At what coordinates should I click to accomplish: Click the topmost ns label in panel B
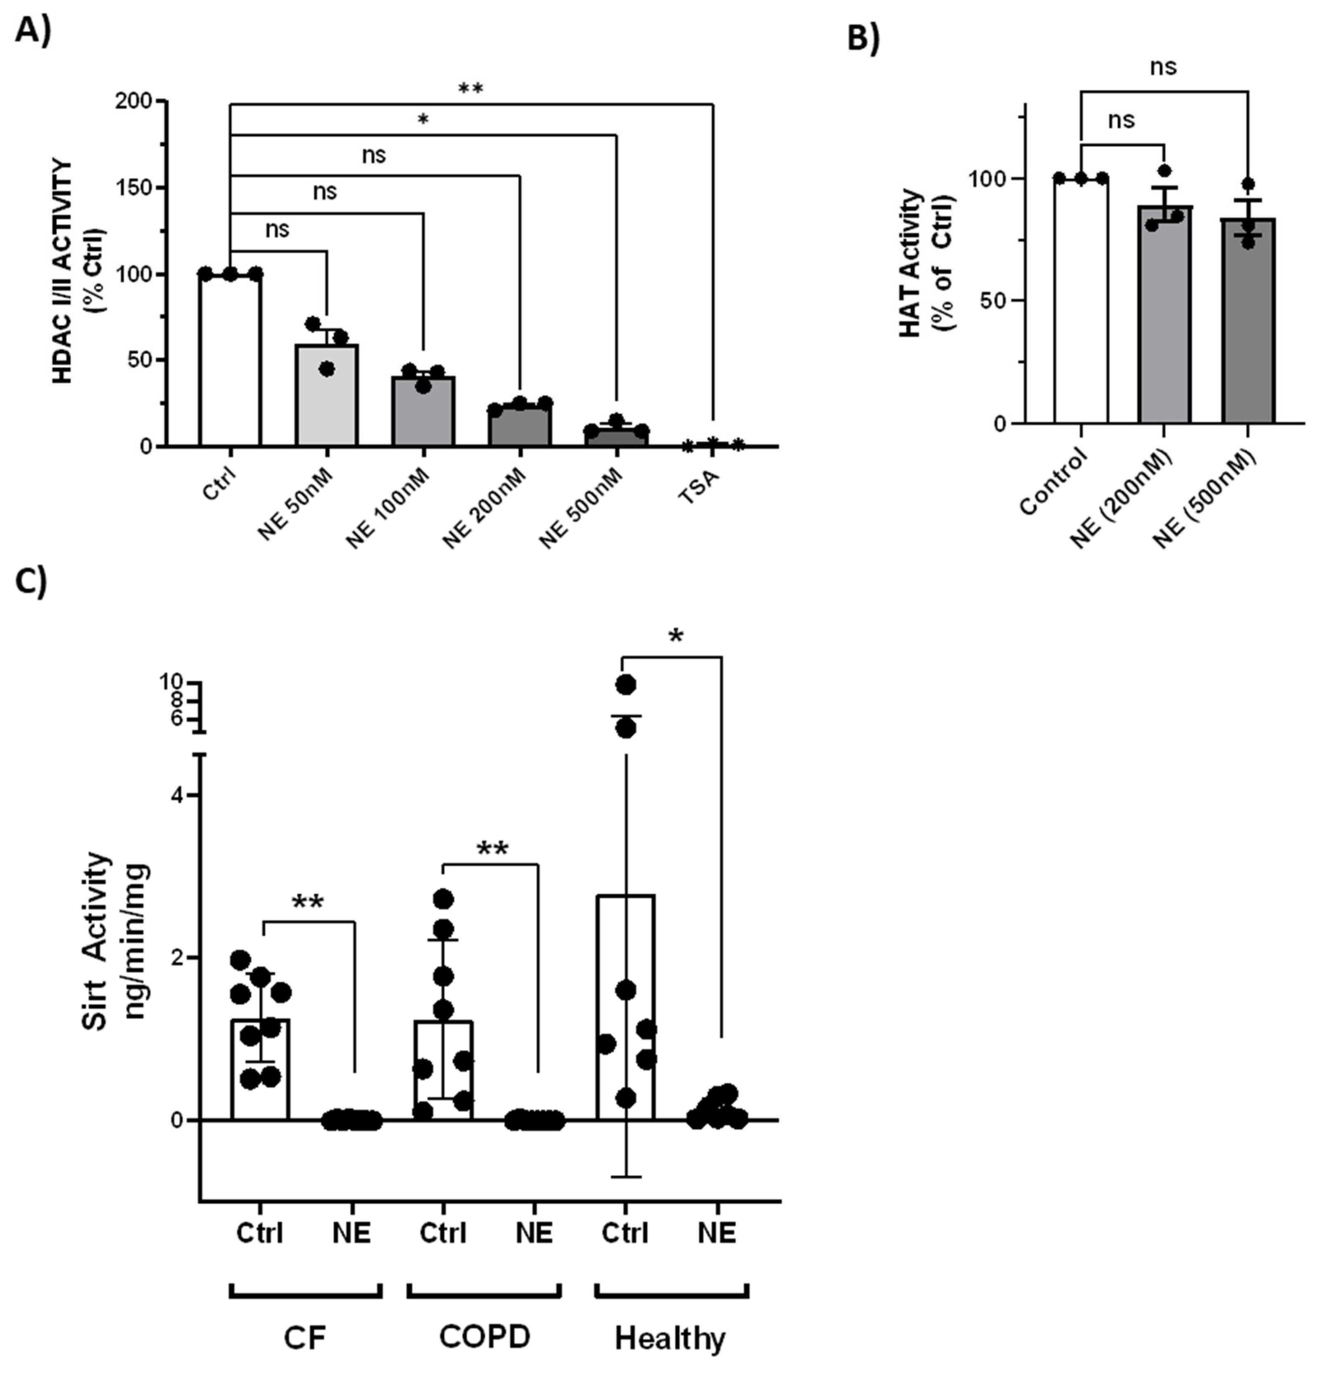(x=1164, y=67)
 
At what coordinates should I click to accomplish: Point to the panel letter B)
(x=863, y=38)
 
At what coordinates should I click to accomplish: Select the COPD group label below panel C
(x=485, y=1337)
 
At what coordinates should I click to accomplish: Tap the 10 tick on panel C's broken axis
(x=171, y=682)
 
